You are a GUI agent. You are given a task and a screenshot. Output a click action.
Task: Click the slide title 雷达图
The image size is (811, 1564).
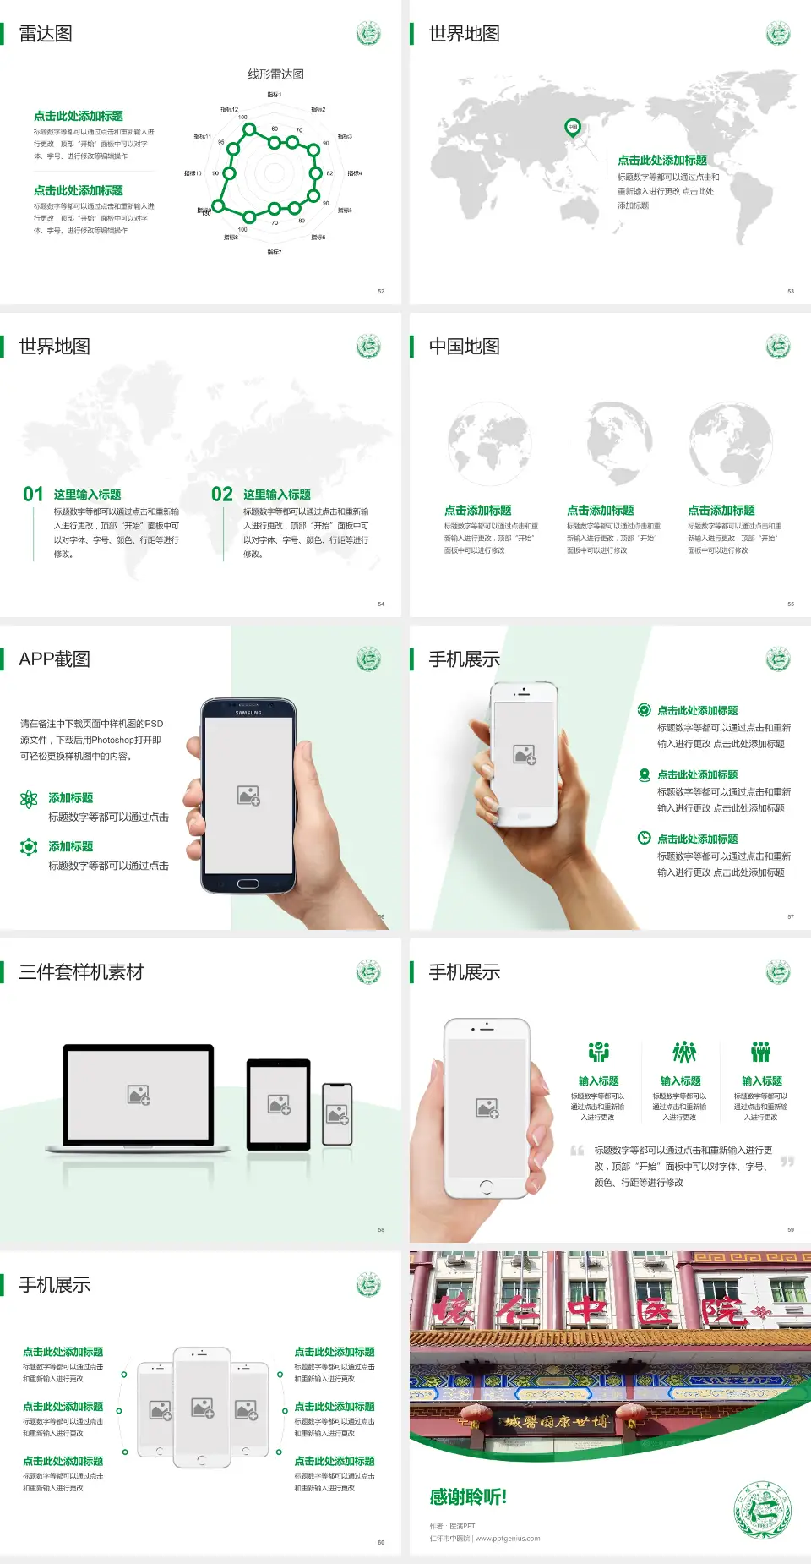tap(46, 34)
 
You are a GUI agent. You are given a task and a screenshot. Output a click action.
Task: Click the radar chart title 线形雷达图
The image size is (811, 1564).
tap(275, 74)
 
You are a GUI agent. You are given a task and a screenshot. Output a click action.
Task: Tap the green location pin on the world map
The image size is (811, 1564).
tap(572, 127)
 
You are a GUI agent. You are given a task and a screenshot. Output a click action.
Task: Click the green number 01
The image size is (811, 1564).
tap(33, 494)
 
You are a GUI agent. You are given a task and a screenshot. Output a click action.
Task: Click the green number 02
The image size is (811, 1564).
tap(222, 494)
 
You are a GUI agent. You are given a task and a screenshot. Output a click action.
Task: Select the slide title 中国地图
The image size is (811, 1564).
tap(464, 347)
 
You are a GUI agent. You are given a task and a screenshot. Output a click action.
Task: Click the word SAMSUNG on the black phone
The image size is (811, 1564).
tap(248, 713)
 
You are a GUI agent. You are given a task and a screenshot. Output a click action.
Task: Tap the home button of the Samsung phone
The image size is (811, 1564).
tap(248, 883)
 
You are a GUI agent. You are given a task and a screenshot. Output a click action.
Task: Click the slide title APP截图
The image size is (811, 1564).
tap(54, 659)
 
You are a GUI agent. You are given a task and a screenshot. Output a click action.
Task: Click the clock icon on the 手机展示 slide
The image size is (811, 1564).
tap(644, 838)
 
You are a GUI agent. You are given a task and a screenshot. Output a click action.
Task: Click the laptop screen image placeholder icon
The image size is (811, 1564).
tap(139, 1095)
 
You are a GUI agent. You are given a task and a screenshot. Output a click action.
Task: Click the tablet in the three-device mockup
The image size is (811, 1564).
tap(279, 1104)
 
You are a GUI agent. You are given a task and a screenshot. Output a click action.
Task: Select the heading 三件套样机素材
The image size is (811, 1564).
tap(81, 972)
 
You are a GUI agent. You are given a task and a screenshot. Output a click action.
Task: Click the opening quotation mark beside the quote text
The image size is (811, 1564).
tap(577, 1150)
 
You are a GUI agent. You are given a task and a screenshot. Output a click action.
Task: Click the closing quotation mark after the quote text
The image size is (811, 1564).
tap(787, 1162)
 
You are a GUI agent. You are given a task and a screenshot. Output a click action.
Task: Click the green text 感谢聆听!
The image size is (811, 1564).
tap(468, 1497)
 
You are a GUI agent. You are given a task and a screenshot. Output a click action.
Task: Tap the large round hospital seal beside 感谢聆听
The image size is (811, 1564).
tap(762, 1509)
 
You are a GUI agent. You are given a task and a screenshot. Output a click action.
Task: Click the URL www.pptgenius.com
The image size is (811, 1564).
tap(508, 1539)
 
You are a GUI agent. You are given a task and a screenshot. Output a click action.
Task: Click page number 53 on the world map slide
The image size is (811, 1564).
tap(791, 291)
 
